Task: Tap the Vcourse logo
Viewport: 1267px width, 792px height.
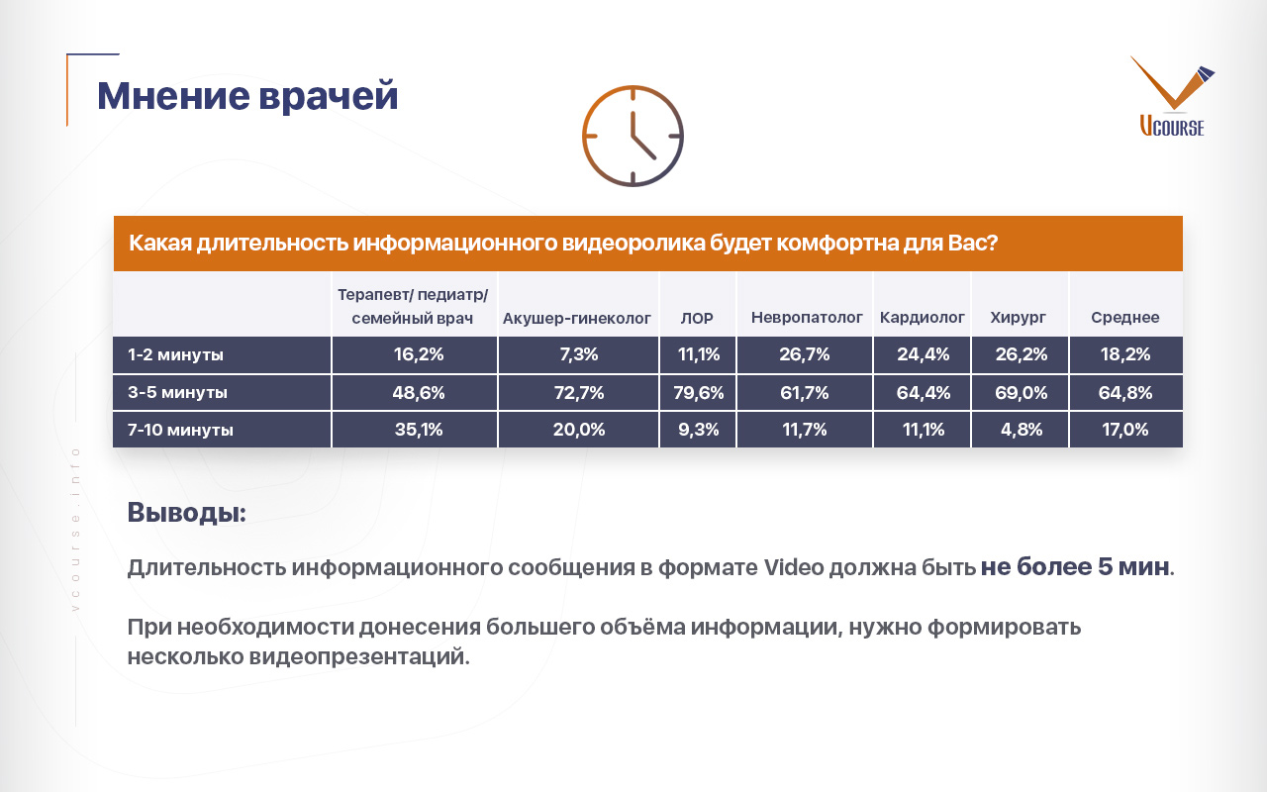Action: pyautogui.click(x=1173, y=96)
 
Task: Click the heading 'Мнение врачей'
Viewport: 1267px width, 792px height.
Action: pyautogui.click(x=247, y=96)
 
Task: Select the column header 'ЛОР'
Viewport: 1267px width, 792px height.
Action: pyautogui.click(x=697, y=318)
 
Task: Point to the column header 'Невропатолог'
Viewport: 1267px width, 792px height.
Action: pyautogui.click(x=807, y=318)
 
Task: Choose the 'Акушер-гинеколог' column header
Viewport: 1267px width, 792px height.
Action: pyautogui.click(x=577, y=319)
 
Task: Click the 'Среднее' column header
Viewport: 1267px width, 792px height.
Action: pyautogui.click(x=1125, y=318)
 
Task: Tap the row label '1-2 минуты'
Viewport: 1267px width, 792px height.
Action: pyautogui.click(x=175, y=354)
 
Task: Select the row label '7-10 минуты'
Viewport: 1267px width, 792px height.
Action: pyautogui.click(x=180, y=430)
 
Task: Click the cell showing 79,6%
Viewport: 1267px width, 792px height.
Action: pyautogui.click(x=699, y=393)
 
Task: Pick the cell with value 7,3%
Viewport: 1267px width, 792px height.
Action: pyautogui.click(x=579, y=354)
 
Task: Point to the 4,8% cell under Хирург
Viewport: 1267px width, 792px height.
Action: pyautogui.click(x=1021, y=430)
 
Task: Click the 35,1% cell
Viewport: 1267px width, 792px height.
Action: pyautogui.click(x=419, y=430)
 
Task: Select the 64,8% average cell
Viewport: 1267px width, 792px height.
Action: pyautogui.click(x=1125, y=393)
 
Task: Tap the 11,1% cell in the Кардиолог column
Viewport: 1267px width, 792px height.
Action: pyautogui.click(x=924, y=430)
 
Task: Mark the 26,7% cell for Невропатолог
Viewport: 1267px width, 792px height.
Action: pyautogui.click(x=805, y=354)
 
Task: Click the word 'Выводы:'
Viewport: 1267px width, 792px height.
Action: pyautogui.click(x=187, y=513)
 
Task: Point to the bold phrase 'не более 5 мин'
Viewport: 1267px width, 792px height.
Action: pyautogui.click(x=1075, y=566)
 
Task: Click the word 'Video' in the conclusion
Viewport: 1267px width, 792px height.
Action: pyautogui.click(x=794, y=567)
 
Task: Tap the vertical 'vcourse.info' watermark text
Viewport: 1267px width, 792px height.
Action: pyautogui.click(x=76, y=530)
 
